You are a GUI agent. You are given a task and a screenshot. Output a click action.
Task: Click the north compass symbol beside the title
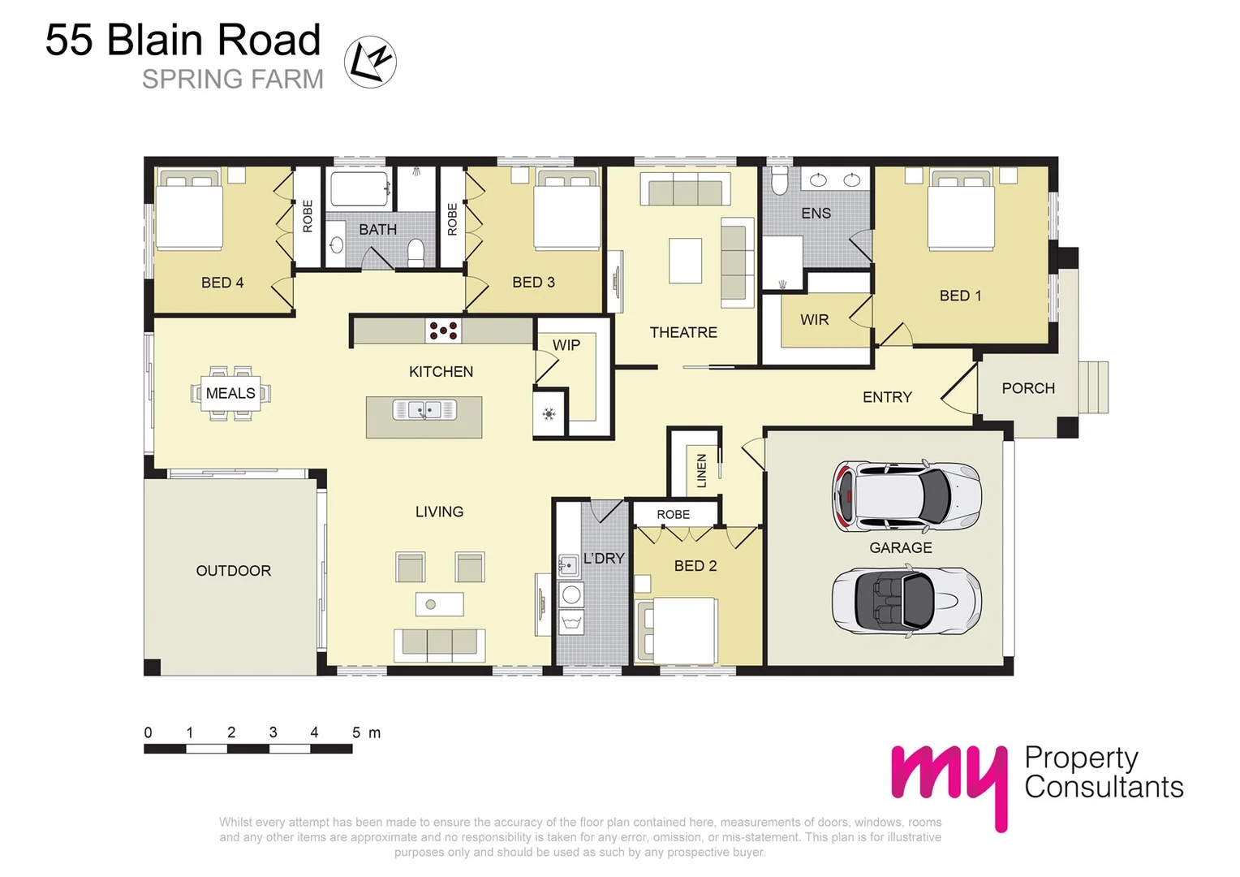(370, 63)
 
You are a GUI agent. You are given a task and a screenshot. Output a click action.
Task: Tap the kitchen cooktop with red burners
(443, 330)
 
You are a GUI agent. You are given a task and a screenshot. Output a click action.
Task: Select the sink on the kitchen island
(424, 410)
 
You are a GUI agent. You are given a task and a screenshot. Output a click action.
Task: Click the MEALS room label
(230, 393)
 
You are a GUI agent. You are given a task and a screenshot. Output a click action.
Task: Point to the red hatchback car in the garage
(906, 495)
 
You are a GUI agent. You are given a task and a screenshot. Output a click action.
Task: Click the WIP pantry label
(566, 345)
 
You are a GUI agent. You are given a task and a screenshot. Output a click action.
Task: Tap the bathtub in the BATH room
(360, 190)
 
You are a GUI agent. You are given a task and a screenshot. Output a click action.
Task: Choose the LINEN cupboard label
(702, 470)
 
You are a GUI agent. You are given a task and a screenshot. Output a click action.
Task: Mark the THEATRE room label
(683, 332)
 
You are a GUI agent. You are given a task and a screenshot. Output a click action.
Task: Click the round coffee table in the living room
(431, 604)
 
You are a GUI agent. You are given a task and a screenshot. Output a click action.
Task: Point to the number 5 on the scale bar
(356, 732)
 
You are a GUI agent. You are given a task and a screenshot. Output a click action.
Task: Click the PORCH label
(1028, 388)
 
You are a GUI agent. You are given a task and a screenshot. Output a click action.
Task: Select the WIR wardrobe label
(815, 320)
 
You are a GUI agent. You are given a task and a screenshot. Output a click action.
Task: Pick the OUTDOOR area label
(234, 571)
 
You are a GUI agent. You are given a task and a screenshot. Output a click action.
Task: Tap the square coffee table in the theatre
(685, 260)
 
